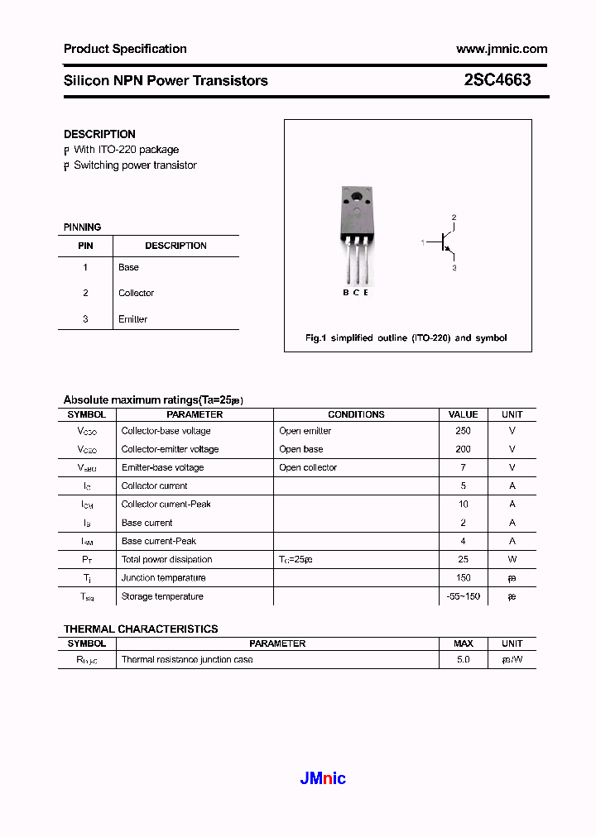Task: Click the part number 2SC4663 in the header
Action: pos(497,80)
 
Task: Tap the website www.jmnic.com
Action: pos(502,49)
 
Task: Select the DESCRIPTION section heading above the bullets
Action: pos(99,134)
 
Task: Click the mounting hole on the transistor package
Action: pos(356,198)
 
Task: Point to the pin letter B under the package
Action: pos(346,293)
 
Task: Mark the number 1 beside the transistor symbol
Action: pos(423,242)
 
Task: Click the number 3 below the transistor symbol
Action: pos(454,268)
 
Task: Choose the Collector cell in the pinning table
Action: pos(136,293)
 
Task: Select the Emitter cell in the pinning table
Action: pos(132,319)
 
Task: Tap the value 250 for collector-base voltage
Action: pos(463,431)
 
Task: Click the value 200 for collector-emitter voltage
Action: pos(463,449)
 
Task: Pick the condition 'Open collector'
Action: pos(308,467)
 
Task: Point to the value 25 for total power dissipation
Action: pos(463,560)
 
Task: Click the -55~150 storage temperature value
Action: pos(463,596)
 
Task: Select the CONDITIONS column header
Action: pos(356,414)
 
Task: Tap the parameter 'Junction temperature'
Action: pos(163,578)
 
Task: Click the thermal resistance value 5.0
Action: pos(463,660)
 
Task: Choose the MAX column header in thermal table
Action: pos(463,643)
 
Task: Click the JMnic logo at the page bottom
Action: pos(321,778)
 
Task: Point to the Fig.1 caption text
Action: pos(406,337)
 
